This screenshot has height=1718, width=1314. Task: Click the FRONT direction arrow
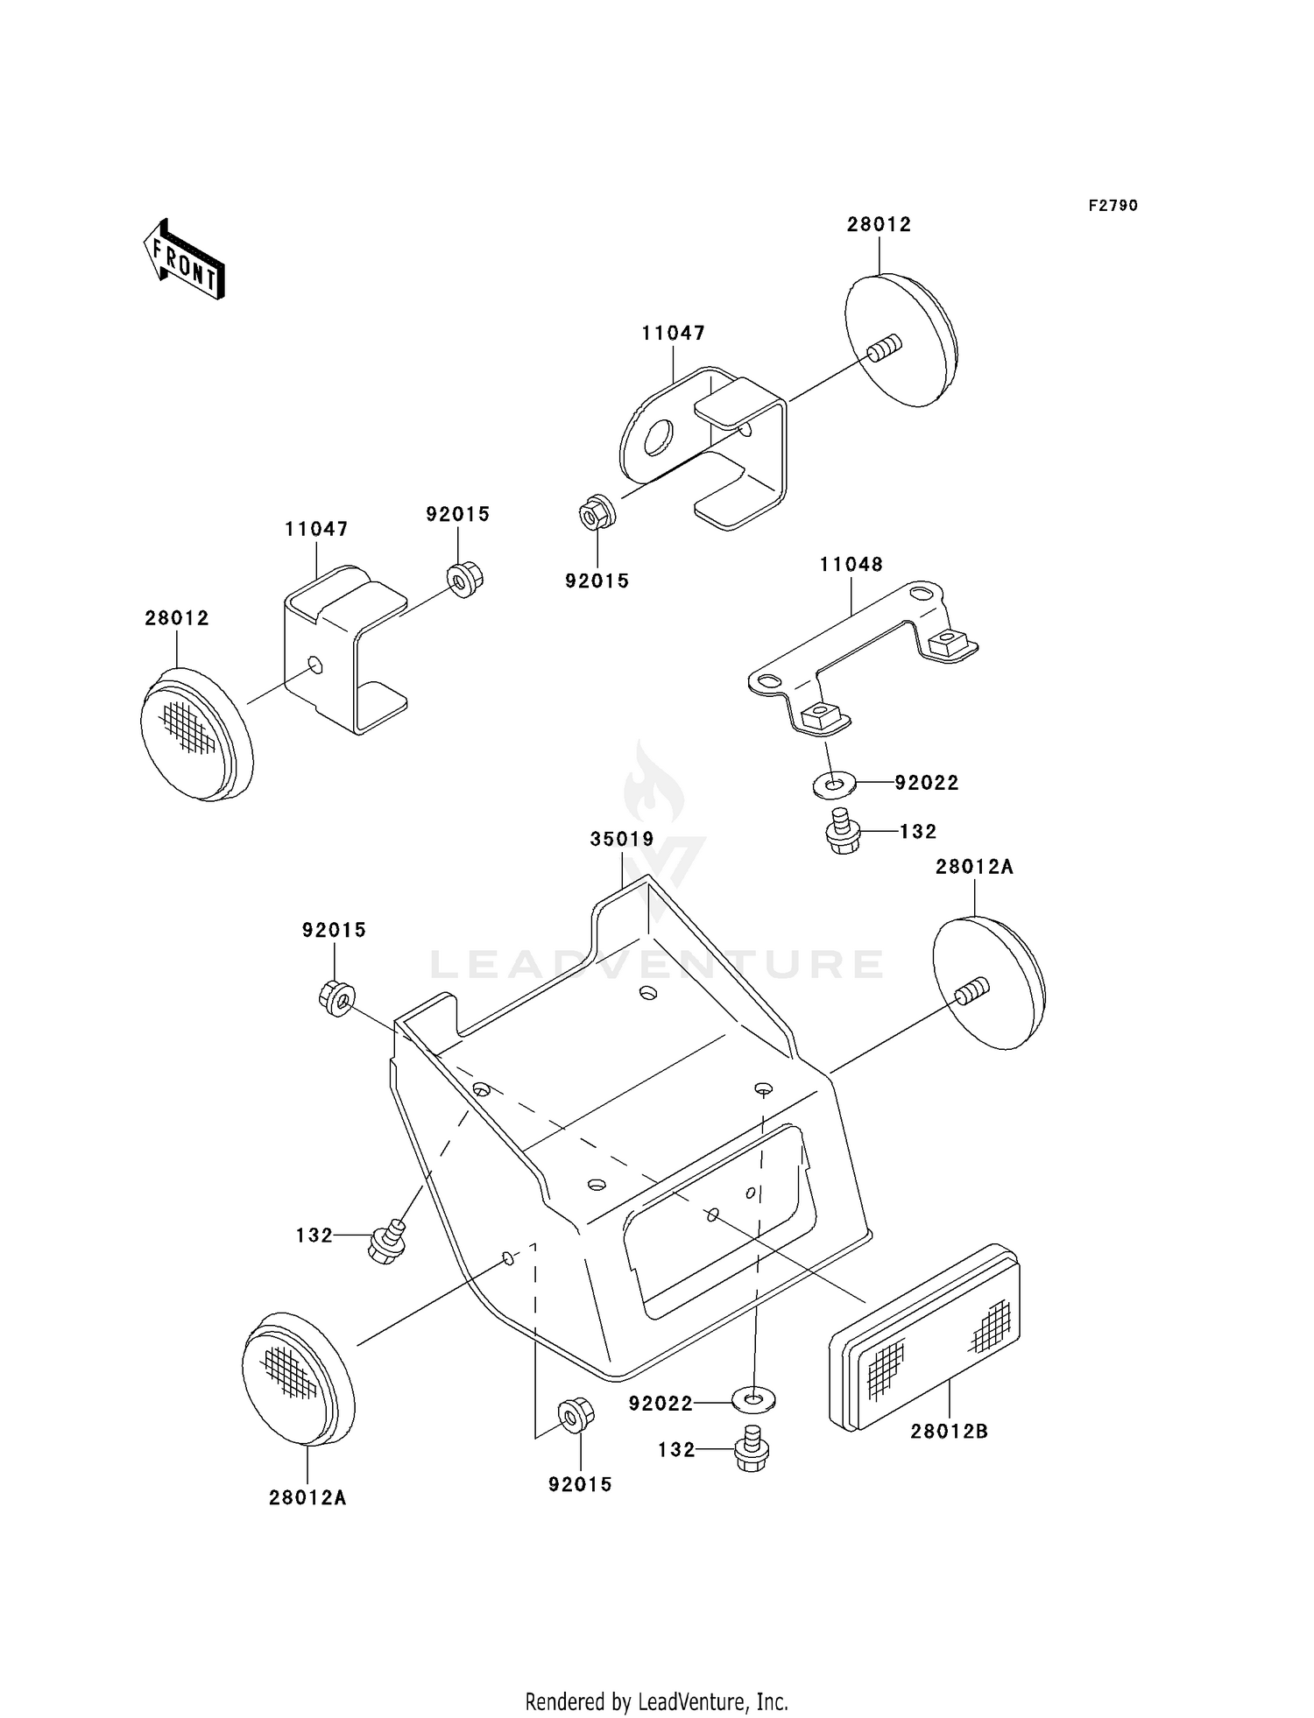coord(184,259)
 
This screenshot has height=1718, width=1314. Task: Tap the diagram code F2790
coord(1113,205)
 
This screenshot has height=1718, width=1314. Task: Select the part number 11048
coord(851,564)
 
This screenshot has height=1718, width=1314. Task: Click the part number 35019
coord(622,839)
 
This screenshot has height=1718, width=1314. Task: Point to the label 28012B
coord(949,1431)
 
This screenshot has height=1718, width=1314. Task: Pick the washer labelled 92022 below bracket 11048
coord(835,783)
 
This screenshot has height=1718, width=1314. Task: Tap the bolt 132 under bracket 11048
coord(844,831)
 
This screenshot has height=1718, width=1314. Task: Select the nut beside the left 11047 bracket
coord(465,580)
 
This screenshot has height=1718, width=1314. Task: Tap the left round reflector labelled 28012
coord(196,734)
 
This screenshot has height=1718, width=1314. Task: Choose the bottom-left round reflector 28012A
coord(298,1379)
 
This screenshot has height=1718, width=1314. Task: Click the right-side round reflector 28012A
coord(989,982)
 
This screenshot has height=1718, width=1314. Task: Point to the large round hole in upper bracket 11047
coord(657,437)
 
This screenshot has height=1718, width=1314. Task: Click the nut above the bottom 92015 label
coord(576,1415)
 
